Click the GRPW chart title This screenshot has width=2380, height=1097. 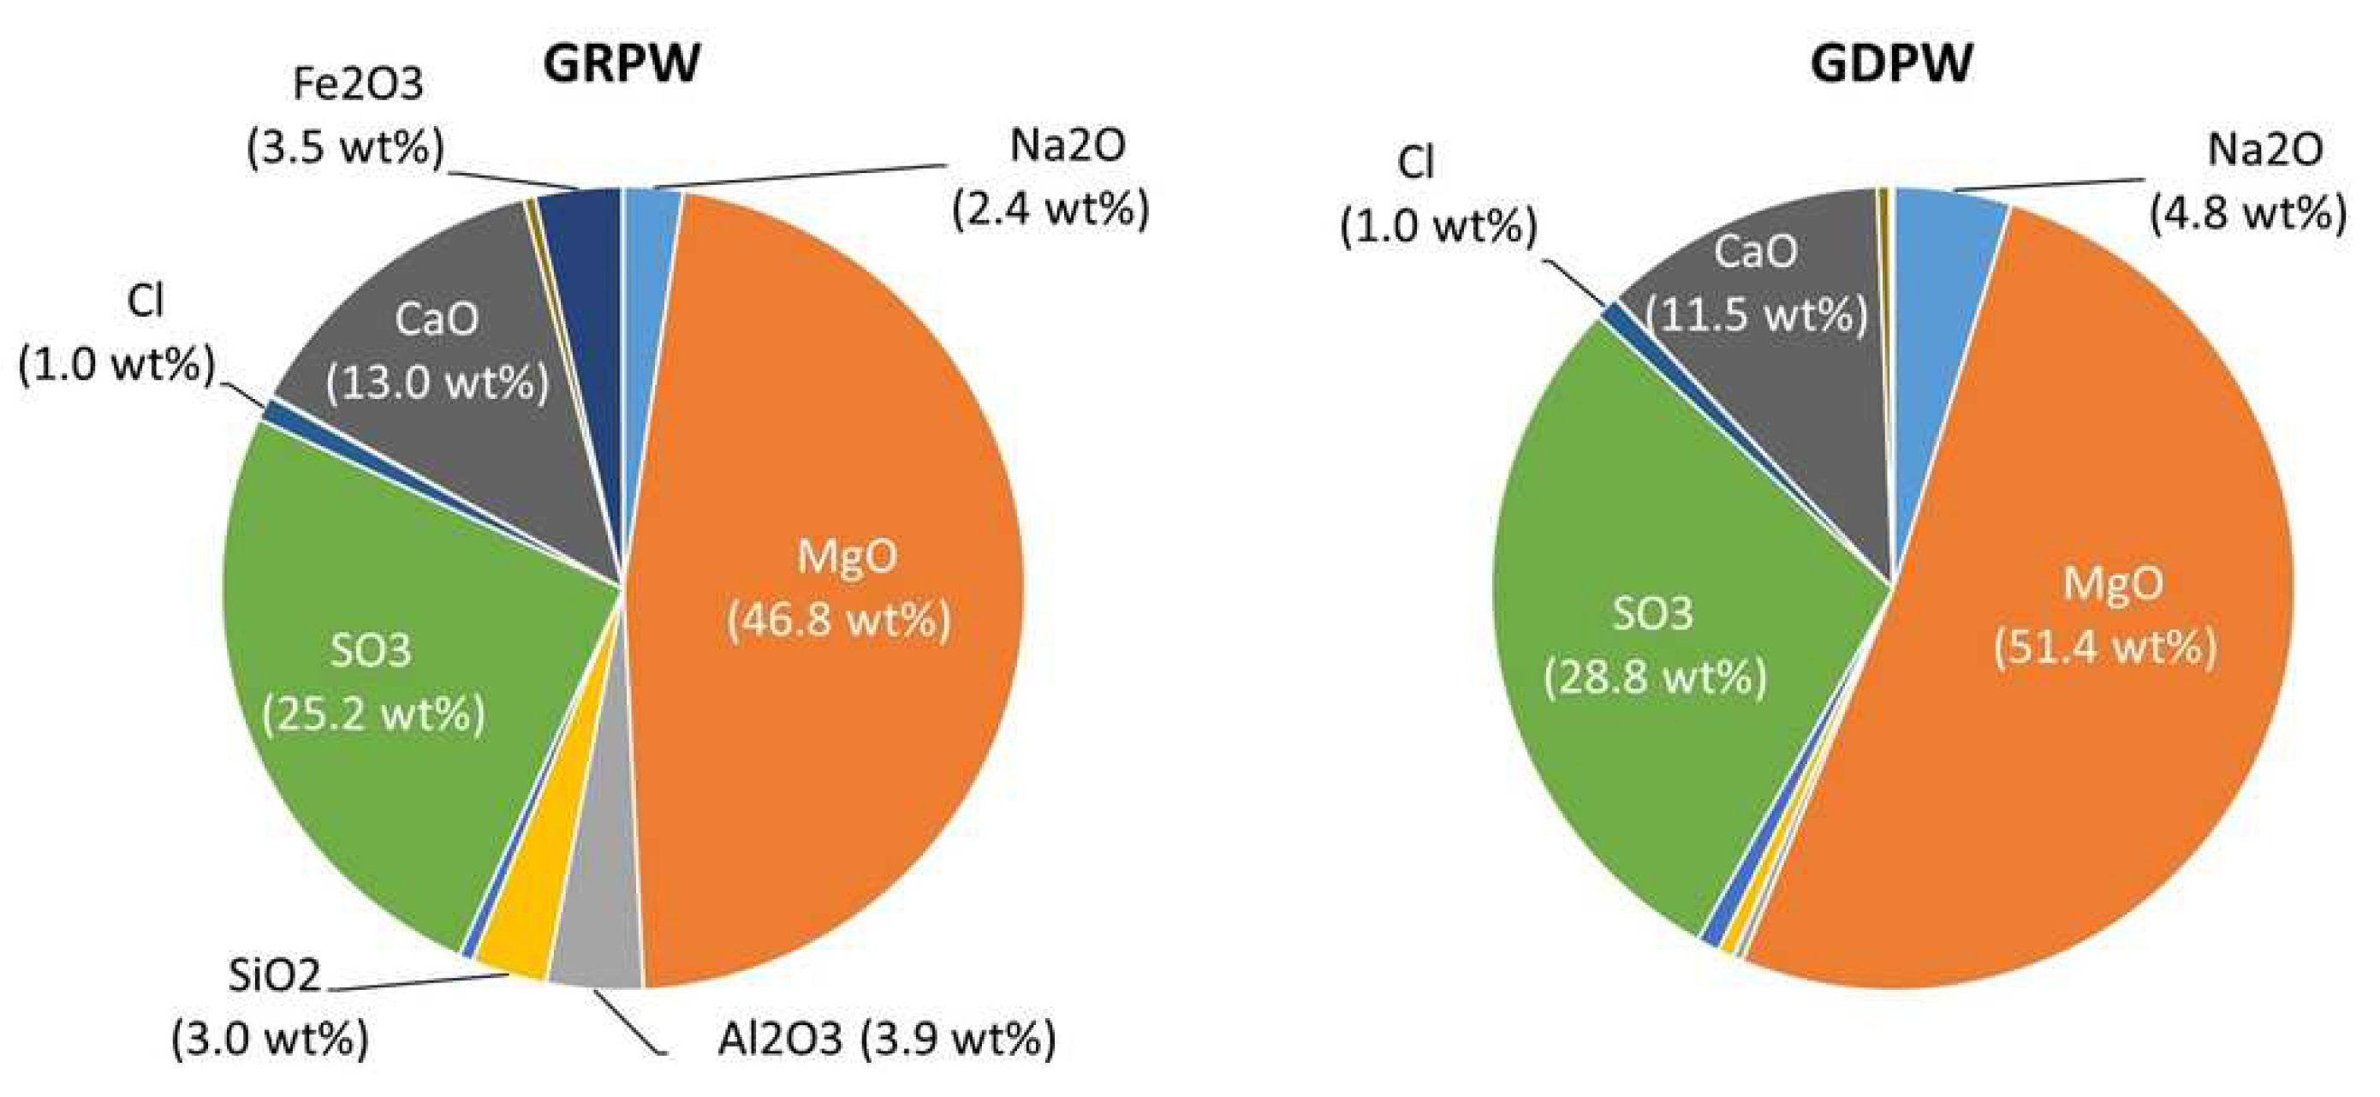pos(620,65)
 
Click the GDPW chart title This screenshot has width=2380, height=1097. pos(1890,65)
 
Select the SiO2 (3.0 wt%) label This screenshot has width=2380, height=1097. pos(271,1007)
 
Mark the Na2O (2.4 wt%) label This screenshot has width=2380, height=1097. pos(1052,177)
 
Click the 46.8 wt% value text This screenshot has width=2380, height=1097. pos(839,618)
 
